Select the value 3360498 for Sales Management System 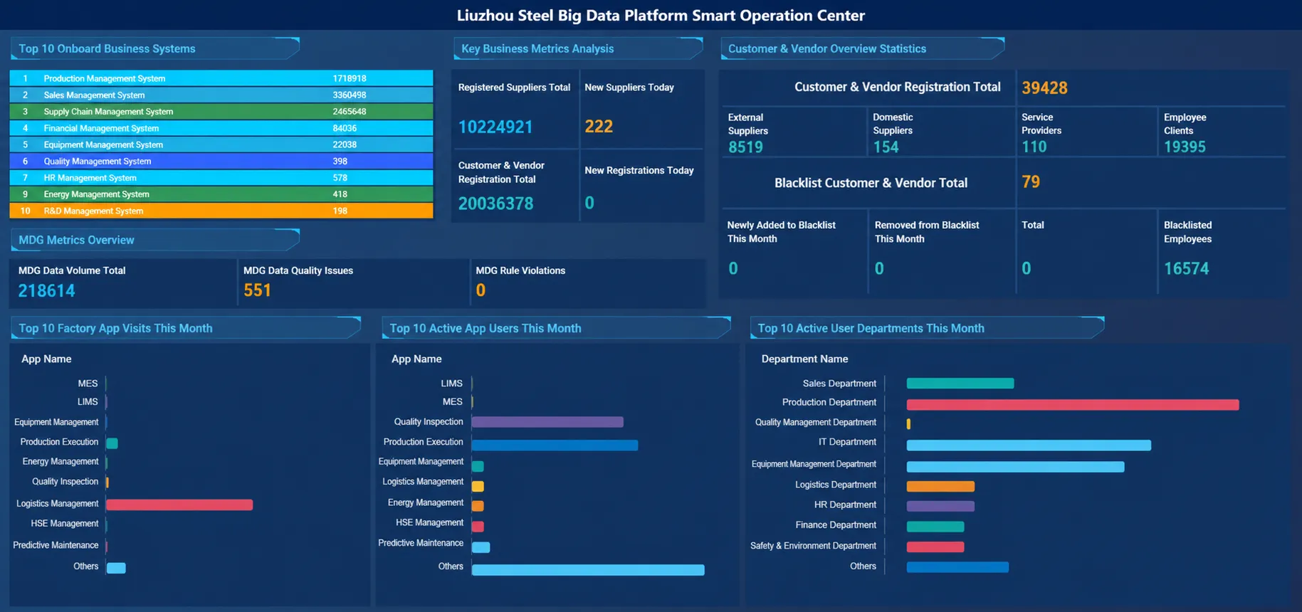349,95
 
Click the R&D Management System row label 93,211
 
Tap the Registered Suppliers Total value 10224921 495,127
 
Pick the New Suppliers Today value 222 599,127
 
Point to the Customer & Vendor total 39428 1044,88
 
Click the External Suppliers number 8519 745,147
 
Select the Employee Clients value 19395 1185,147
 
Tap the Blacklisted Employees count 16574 1186,269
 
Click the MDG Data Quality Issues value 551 257,290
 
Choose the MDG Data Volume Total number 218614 46,291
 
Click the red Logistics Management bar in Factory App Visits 179,505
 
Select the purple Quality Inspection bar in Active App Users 547,422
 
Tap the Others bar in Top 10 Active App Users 588,570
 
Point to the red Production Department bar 1073,405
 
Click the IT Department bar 1029,445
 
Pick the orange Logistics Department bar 940,487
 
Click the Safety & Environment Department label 813,546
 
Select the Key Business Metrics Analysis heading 537,49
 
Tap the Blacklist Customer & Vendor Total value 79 1031,182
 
